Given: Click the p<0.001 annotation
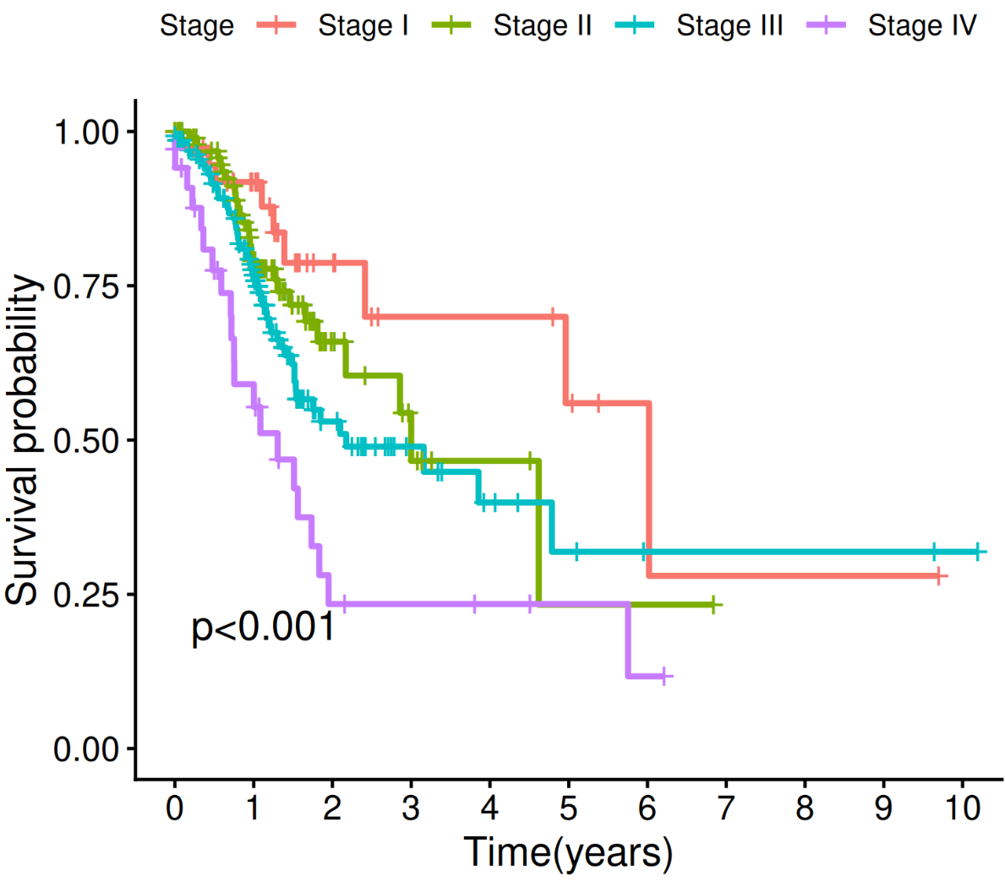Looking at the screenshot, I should (263, 628).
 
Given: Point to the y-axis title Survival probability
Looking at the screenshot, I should (23, 439).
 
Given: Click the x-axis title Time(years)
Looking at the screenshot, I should (568, 852).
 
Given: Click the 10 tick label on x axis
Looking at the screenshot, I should (963, 808).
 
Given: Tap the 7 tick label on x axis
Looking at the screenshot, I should (726, 808).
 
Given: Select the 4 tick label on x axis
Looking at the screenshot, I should (489, 808).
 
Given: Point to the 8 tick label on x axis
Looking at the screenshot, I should (805, 808).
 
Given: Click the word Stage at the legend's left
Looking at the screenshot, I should (196, 25).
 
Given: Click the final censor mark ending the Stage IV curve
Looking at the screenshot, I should (664, 676).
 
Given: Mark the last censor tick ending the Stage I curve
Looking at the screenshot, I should (938, 576).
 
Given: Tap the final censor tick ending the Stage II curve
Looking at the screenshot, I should (713, 605).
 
